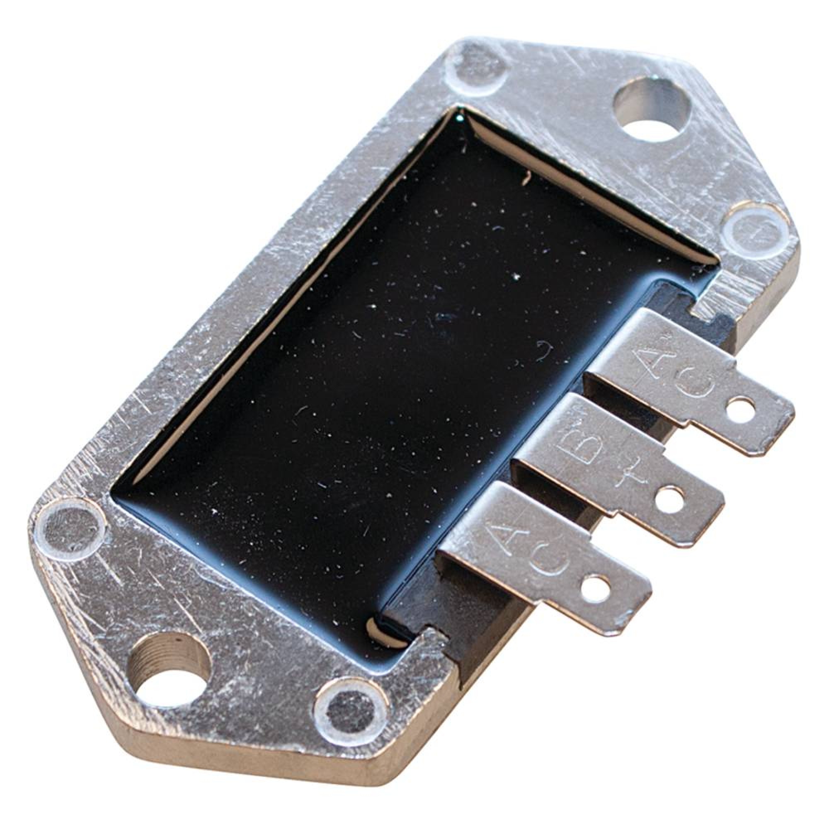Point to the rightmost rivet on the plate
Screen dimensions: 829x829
757,230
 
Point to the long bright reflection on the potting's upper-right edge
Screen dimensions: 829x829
532,172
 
